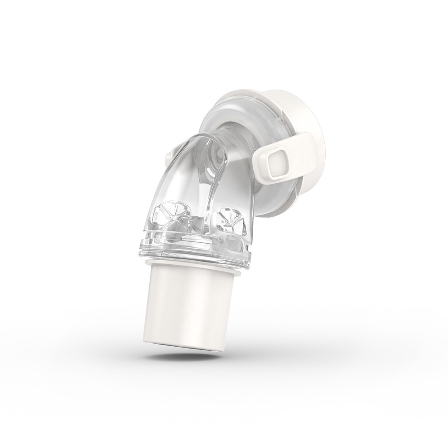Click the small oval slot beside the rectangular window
coord(218,242)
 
